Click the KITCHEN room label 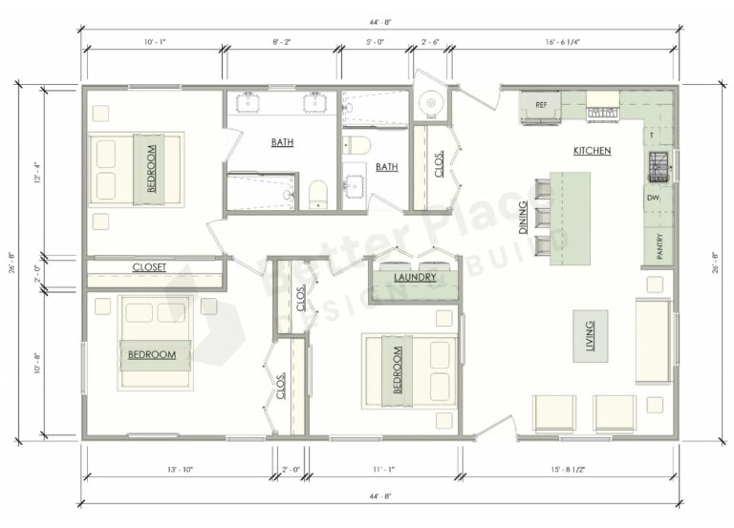coord(592,151)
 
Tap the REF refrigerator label coord(541,105)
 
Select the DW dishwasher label coord(653,198)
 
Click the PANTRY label coord(659,245)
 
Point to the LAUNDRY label coord(415,278)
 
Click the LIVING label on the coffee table coord(589,335)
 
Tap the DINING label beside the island coord(523,223)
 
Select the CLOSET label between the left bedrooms coord(150,268)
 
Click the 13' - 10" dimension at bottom coord(178,469)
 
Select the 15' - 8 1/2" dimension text coord(570,469)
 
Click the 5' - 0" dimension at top coord(377,42)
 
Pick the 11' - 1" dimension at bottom coord(383,469)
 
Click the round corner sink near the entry coord(431,100)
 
